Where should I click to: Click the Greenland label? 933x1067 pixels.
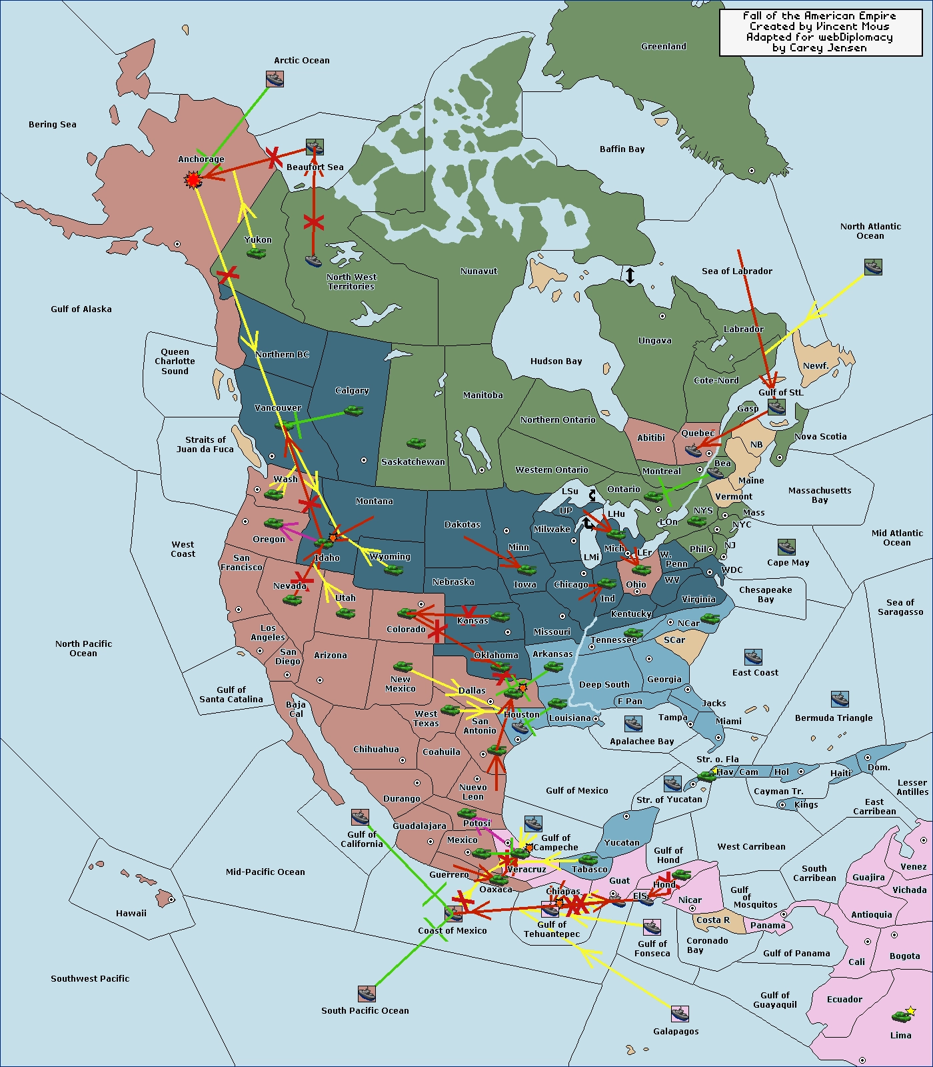(x=663, y=46)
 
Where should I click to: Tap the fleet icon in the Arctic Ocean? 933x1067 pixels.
(x=275, y=79)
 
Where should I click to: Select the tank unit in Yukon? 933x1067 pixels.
(x=256, y=253)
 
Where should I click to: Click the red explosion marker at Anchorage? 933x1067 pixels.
(x=193, y=179)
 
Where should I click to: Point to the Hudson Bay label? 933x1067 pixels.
(x=556, y=361)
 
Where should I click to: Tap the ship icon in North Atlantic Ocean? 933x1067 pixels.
(x=873, y=267)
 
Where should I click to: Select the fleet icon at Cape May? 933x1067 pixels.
(x=787, y=548)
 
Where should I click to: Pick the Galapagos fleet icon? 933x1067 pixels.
(x=680, y=1014)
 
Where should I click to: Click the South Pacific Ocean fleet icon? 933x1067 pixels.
(x=367, y=994)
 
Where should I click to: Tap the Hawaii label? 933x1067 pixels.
(x=131, y=913)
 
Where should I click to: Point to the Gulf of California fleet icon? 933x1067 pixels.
(x=361, y=817)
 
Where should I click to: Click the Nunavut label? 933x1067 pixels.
(x=478, y=271)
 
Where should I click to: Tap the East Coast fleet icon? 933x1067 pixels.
(x=753, y=657)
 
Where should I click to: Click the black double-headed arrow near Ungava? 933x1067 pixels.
(x=630, y=275)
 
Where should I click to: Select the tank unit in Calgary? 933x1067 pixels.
(x=353, y=412)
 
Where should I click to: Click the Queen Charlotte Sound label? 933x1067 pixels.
(x=175, y=361)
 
